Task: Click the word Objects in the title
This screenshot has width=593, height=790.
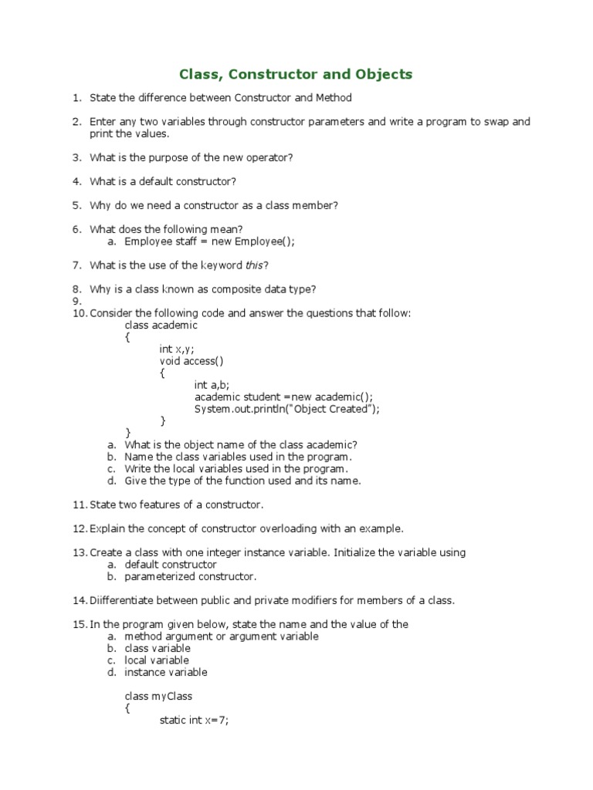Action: tap(382, 75)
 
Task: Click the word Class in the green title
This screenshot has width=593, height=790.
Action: tap(198, 75)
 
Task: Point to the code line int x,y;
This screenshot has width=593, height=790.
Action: tap(177, 349)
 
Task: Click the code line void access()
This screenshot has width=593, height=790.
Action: tap(191, 361)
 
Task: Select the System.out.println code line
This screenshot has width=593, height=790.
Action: tap(286, 409)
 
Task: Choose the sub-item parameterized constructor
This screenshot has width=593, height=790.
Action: tap(190, 576)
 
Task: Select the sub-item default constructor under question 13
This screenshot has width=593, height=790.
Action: tap(171, 565)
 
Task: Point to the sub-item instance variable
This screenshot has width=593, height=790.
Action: tap(166, 672)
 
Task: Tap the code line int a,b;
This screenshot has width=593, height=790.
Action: tap(212, 385)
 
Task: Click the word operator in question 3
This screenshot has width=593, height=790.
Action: tap(267, 157)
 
